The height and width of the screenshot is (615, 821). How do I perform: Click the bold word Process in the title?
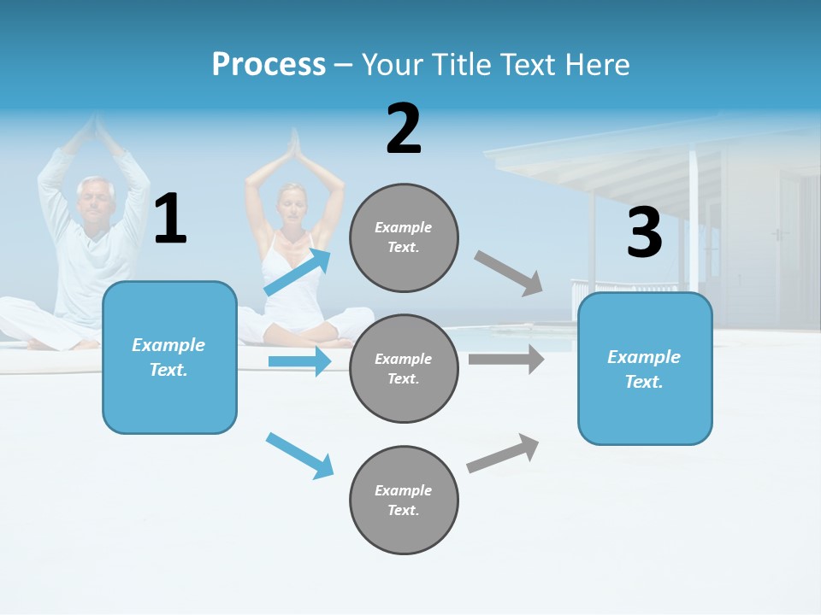pyautogui.click(x=269, y=64)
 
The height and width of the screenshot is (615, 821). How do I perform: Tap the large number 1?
pyautogui.click(x=170, y=220)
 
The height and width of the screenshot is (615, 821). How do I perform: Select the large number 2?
pyautogui.click(x=404, y=129)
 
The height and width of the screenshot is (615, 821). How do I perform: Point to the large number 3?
pyautogui.click(x=644, y=233)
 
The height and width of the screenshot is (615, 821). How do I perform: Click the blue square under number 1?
pyautogui.click(x=169, y=357)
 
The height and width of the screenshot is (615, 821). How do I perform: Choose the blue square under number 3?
pyautogui.click(x=645, y=368)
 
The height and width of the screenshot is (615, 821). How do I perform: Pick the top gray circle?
pyautogui.click(x=404, y=237)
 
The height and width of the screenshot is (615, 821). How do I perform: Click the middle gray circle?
pyautogui.click(x=404, y=368)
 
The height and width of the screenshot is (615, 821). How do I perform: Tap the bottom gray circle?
pyautogui.click(x=404, y=500)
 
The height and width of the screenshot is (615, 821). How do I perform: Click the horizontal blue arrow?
pyautogui.click(x=300, y=361)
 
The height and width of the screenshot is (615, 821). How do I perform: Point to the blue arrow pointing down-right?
pyautogui.click(x=300, y=454)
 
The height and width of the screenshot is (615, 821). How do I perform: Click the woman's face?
pyautogui.click(x=293, y=204)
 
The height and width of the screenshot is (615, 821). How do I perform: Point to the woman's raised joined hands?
pyautogui.click(x=294, y=147)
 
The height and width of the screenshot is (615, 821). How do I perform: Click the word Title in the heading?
pyautogui.click(x=465, y=64)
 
